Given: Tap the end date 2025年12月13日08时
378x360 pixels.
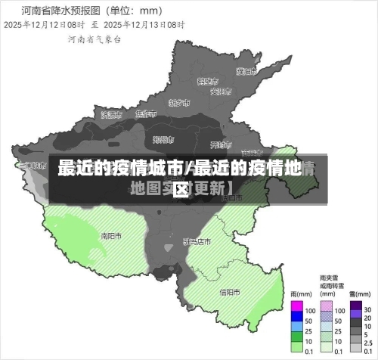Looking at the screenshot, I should tap(147, 25).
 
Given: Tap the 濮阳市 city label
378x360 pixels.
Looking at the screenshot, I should tap(245, 72).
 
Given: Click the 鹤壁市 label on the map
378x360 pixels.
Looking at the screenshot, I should tap(206, 80).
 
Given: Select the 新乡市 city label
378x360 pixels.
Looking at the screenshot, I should tap(179, 102).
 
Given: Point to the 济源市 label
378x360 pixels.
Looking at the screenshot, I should tap(110, 115).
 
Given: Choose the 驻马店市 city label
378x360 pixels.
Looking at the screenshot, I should tap(197, 241).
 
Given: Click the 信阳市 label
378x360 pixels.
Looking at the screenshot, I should tap(230, 292).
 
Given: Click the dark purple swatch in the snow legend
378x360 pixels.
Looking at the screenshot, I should tap(355, 309).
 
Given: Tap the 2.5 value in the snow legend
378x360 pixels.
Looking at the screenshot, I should tap(368, 341).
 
